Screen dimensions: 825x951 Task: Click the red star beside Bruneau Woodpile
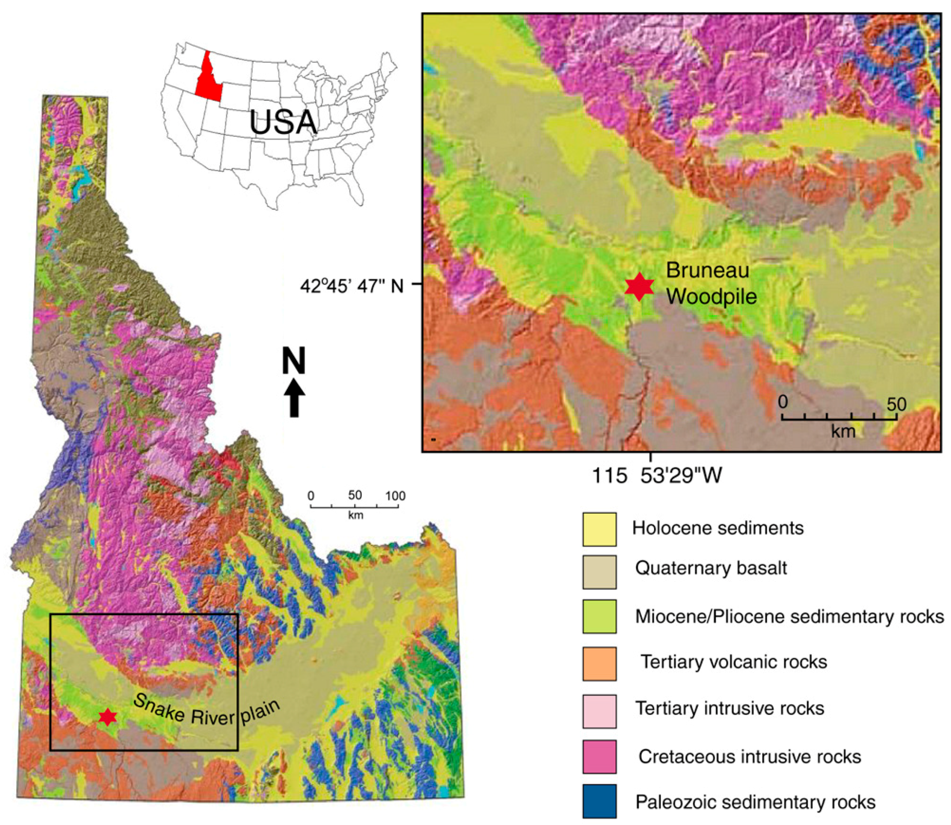click(639, 286)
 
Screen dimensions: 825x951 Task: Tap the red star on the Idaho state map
click(107, 717)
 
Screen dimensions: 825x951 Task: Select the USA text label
click(283, 122)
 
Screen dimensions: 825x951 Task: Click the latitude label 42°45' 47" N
click(352, 286)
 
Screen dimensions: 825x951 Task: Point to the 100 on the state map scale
click(395, 496)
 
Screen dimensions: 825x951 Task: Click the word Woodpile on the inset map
click(711, 297)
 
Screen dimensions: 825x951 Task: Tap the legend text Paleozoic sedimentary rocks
click(755, 802)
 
